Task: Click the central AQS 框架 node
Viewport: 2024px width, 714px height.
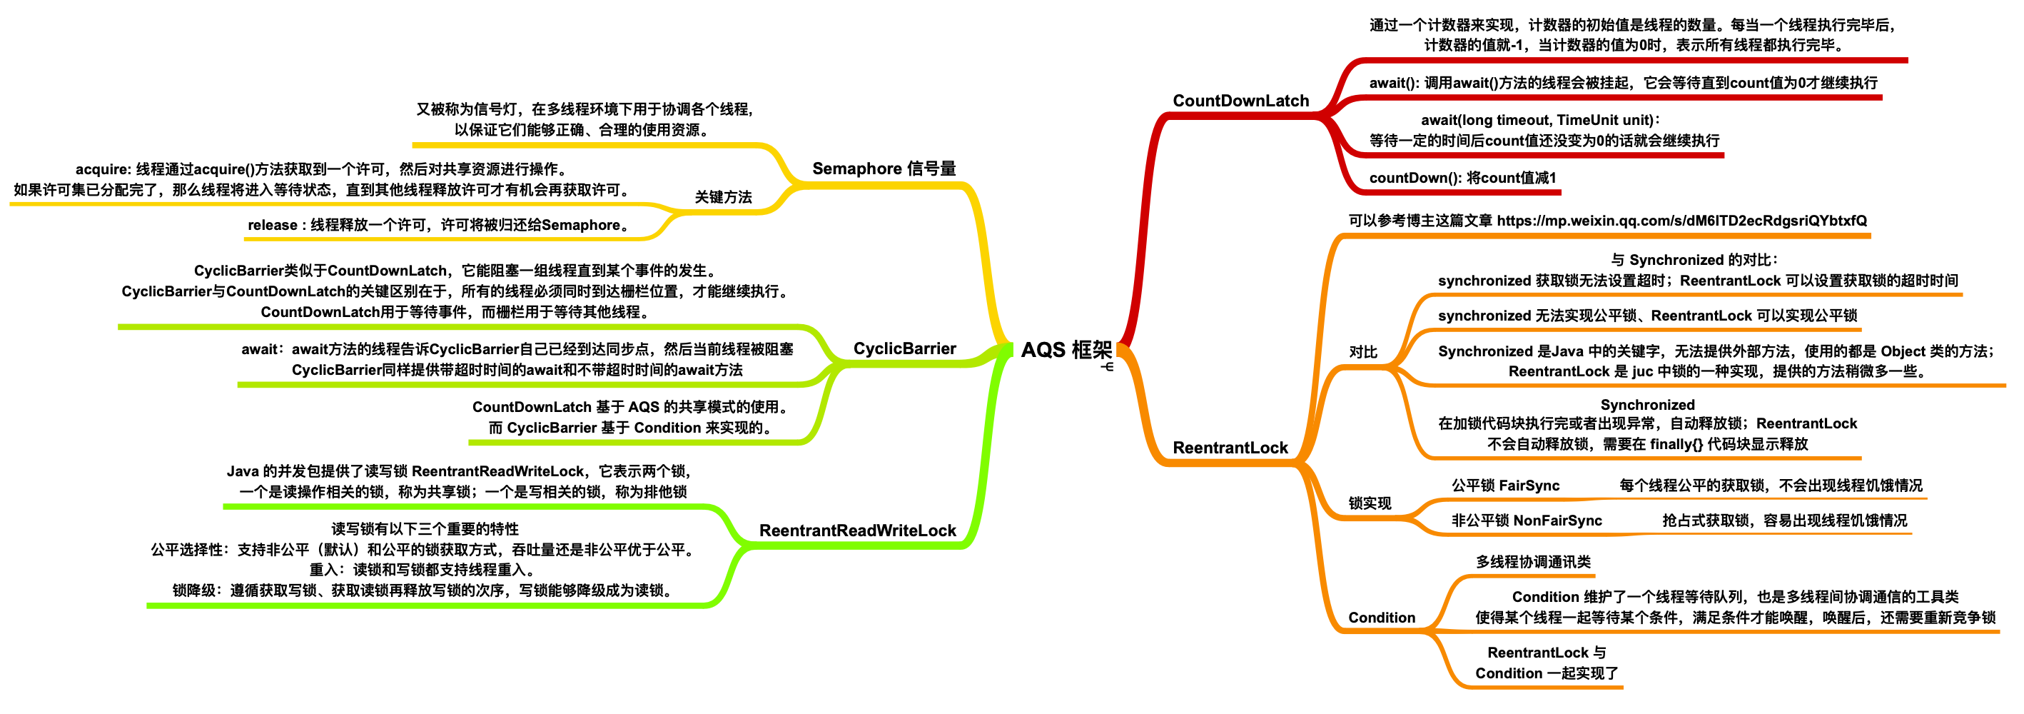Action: pyautogui.click(x=1066, y=350)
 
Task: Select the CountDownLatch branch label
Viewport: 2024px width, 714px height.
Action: pyautogui.click(x=1240, y=101)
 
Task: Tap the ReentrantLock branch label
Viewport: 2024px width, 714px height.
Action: pyautogui.click(x=1230, y=448)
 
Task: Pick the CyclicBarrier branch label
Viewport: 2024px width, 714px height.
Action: pyautogui.click(x=904, y=348)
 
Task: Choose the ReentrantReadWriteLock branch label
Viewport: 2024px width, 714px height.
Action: pyautogui.click(x=857, y=530)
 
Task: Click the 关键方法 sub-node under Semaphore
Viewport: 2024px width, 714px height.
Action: pyautogui.click(x=723, y=197)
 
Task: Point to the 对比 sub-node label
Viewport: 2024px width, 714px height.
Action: pyautogui.click(x=1363, y=351)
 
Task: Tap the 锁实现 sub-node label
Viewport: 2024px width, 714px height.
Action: pyautogui.click(x=1370, y=503)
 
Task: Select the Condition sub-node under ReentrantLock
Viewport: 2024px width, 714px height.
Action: pyautogui.click(x=1381, y=618)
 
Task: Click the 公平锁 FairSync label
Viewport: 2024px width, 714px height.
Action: pyautogui.click(x=1505, y=486)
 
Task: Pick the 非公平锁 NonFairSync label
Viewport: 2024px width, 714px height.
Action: pyautogui.click(x=1526, y=520)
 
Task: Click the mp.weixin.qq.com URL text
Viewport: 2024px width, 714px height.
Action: pyautogui.click(x=1681, y=221)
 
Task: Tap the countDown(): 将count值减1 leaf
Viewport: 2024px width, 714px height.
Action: pyautogui.click(x=1462, y=178)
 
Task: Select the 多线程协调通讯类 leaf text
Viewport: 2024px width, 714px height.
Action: pyautogui.click(x=1533, y=561)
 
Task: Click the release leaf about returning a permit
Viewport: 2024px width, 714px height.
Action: pyautogui.click(x=440, y=225)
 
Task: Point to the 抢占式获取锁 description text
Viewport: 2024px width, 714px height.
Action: pyautogui.click(x=1783, y=520)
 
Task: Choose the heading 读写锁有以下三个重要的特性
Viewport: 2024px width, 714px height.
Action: pyautogui.click(x=425, y=528)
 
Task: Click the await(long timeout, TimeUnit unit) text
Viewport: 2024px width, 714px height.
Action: pyautogui.click(x=1540, y=121)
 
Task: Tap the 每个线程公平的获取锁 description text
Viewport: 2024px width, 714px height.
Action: pyautogui.click(x=1770, y=486)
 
